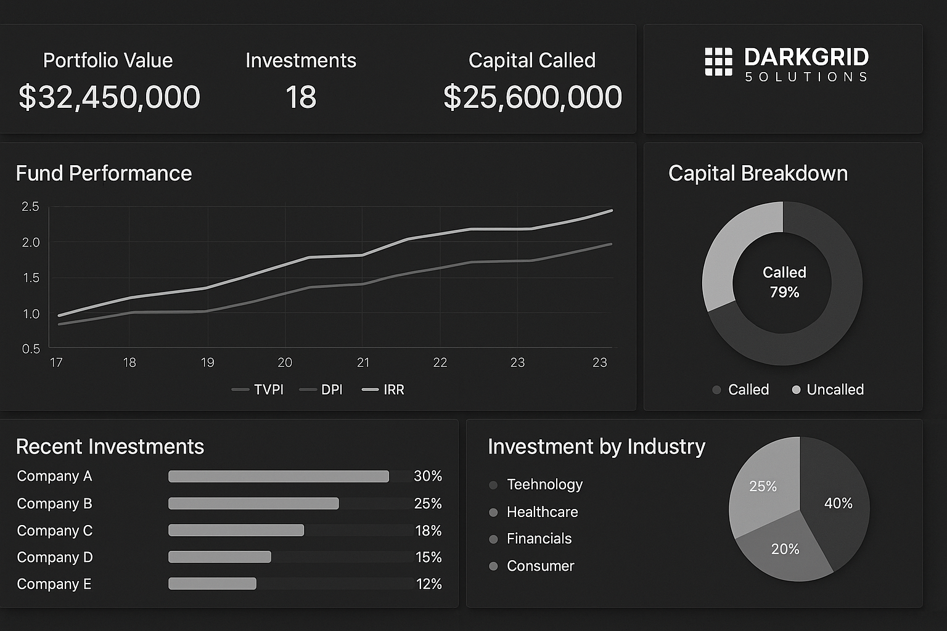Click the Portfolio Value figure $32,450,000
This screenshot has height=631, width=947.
tap(109, 97)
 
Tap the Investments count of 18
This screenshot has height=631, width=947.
tap(301, 97)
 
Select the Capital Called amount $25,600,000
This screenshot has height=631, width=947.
tap(533, 97)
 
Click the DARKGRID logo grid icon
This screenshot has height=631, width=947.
tap(718, 62)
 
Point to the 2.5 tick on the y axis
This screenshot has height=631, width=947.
tap(30, 206)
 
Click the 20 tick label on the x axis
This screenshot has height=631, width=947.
tap(285, 362)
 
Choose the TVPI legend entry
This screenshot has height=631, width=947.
tap(258, 389)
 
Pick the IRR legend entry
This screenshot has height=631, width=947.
tap(383, 389)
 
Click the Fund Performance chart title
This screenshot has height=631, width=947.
tap(104, 173)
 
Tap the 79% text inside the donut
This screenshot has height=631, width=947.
tap(784, 292)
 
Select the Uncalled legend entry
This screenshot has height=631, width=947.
tap(828, 389)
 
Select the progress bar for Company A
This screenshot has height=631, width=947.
tap(279, 476)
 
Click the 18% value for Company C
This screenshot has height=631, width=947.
tap(428, 531)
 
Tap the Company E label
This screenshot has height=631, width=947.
tap(54, 584)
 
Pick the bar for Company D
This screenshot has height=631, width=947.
tap(219, 557)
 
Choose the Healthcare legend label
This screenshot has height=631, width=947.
tap(542, 512)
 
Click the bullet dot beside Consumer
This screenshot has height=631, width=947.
tap(493, 566)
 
